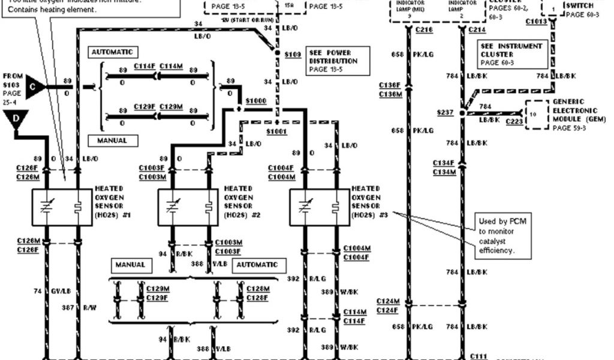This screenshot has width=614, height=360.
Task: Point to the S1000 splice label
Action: coord(255,101)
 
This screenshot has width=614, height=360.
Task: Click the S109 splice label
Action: coord(293,53)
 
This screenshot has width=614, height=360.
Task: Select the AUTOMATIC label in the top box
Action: coord(112,52)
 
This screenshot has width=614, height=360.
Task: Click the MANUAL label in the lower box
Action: coord(130,265)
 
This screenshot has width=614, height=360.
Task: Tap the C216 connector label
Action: coord(423,29)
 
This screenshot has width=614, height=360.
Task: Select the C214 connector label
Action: coord(477,29)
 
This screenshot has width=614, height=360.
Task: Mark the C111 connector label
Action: coord(478,356)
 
